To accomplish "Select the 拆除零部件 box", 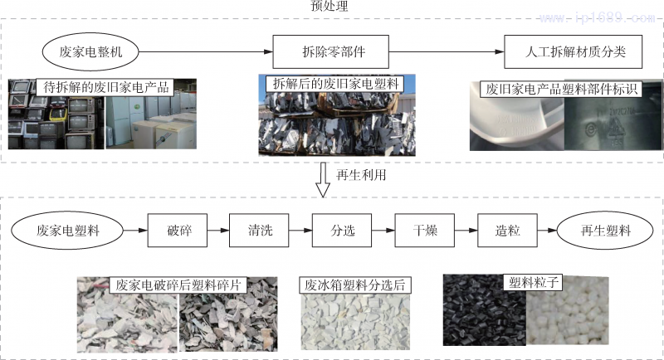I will click(320, 51).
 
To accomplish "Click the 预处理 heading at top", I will click(329, 7).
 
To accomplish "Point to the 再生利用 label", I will click(361, 175).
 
